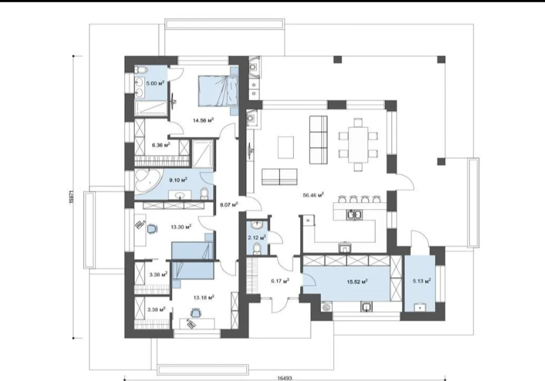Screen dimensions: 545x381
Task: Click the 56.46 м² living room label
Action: (x=313, y=195)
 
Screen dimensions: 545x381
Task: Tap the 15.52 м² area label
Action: (x=357, y=281)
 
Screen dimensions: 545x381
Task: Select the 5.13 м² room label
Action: (x=422, y=281)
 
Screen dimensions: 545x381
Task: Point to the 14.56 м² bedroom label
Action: (x=204, y=120)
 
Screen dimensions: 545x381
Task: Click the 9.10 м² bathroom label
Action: (x=178, y=180)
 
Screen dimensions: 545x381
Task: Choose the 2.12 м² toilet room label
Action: (x=257, y=237)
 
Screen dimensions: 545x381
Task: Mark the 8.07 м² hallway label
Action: (x=229, y=205)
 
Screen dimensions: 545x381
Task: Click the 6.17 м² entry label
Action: (x=280, y=281)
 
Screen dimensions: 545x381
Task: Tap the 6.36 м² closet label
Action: (x=161, y=144)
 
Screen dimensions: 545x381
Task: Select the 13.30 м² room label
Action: (x=181, y=227)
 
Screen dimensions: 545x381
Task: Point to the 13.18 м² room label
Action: (x=204, y=298)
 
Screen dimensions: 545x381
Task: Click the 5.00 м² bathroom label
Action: (x=155, y=83)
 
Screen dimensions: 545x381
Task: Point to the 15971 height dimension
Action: (x=71, y=196)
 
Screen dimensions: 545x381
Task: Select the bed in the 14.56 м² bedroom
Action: (x=218, y=90)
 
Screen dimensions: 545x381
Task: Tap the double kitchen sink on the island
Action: (x=355, y=215)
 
